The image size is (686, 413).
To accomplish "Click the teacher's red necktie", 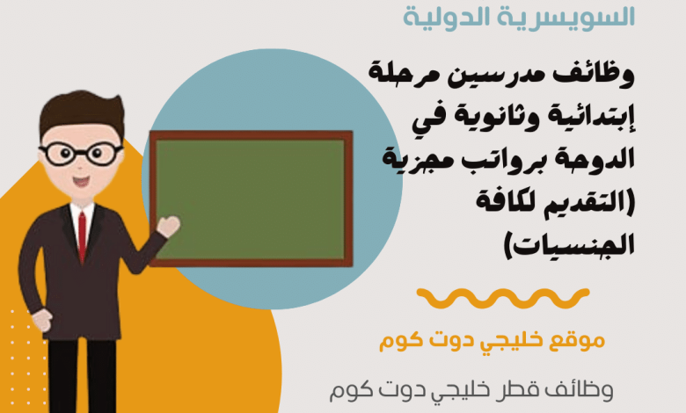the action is click(x=82, y=236).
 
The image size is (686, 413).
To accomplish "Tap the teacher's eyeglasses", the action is click(x=81, y=154).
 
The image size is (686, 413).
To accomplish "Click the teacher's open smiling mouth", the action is click(x=81, y=181).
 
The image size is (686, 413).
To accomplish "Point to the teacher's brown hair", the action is click(x=82, y=112).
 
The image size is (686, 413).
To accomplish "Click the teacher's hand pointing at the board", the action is click(x=169, y=227).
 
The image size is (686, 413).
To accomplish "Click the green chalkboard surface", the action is click(x=251, y=199).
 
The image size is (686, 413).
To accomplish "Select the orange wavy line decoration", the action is click(x=503, y=298).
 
